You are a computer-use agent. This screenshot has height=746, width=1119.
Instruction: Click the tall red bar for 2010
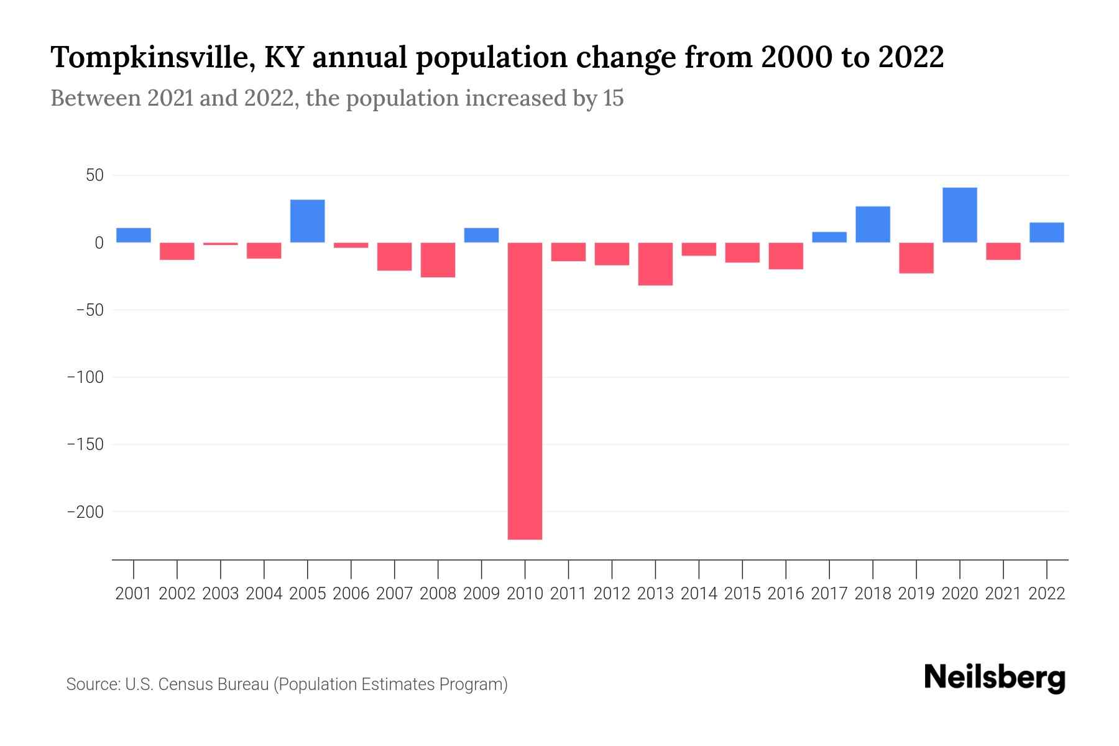pyautogui.click(x=525, y=390)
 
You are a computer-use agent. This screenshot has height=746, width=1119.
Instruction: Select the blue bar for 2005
pyautogui.click(x=308, y=221)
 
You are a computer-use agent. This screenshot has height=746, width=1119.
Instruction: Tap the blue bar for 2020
pyautogui.click(x=960, y=214)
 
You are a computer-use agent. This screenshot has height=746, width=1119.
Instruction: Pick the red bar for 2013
pyautogui.click(x=655, y=264)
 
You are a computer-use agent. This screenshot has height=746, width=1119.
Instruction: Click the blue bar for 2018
pyautogui.click(x=873, y=224)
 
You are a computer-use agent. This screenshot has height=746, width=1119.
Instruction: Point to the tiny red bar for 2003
pyautogui.click(x=221, y=244)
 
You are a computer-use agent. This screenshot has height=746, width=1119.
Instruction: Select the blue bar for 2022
pyautogui.click(x=1046, y=232)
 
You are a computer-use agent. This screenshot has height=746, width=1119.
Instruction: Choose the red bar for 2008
pyautogui.click(x=438, y=260)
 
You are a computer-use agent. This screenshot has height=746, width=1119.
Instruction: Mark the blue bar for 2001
pyautogui.click(x=134, y=235)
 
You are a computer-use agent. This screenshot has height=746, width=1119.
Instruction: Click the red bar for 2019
pyautogui.click(x=916, y=257)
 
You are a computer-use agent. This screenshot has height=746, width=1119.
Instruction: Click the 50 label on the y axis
pyautogui.click(x=94, y=176)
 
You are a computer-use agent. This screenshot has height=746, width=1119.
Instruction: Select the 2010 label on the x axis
pyautogui.click(x=525, y=594)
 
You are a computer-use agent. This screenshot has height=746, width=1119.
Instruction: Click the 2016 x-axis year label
pyautogui.click(x=786, y=594)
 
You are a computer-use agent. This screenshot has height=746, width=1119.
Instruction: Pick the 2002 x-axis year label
pyautogui.click(x=177, y=594)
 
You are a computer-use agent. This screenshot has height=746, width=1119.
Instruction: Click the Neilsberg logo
pyautogui.click(x=995, y=678)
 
